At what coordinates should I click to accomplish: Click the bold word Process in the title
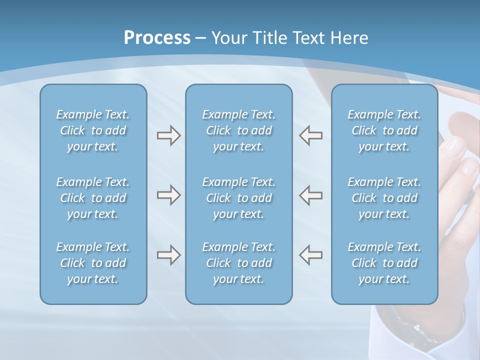click(157, 38)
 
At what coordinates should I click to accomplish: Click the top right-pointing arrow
click(168, 135)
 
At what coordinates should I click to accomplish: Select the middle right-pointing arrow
click(168, 195)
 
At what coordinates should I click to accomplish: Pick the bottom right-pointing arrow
click(168, 255)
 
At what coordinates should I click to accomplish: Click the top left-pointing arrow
click(311, 135)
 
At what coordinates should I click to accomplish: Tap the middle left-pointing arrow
click(311, 195)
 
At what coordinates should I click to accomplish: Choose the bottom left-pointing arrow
click(311, 255)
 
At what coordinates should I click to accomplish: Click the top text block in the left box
click(93, 130)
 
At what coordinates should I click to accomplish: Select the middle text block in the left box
click(93, 198)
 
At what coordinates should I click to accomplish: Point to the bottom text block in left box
click(93, 263)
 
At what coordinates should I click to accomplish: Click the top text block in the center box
click(239, 130)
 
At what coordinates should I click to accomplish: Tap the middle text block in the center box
click(239, 198)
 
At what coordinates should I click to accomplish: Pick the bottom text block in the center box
click(239, 263)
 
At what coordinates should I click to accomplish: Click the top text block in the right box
click(384, 130)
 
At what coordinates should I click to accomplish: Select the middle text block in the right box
click(384, 198)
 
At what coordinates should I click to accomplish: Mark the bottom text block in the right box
click(384, 263)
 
